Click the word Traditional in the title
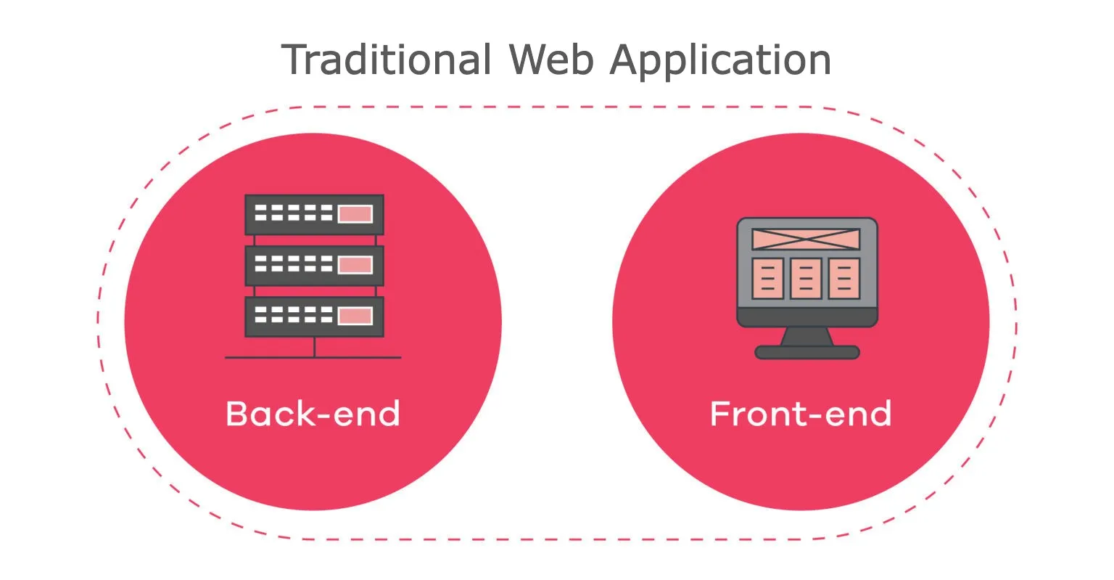tap(387, 60)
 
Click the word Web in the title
tap(551, 60)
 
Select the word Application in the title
tap(721, 61)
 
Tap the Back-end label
tap(313, 413)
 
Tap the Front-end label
tap(801, 413)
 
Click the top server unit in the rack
tap(314, 215)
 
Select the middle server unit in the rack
tap(314, 266)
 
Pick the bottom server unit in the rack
tap(314, 316)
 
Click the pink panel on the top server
tap(355, 214)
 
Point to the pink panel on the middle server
tap(355, 265)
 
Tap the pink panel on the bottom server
tap(355, 316)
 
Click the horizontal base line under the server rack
tap(313, 357)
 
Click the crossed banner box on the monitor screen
tap(806, 239)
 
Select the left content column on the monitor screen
tap(767, 279)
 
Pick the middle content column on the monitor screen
tap(806, 279)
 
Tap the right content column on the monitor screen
tap(844, 279)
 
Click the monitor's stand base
tap(807, 353)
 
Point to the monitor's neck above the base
tap(806, 337)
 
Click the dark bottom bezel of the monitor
tap(807, 317)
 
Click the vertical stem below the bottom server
tap(314, 347)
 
